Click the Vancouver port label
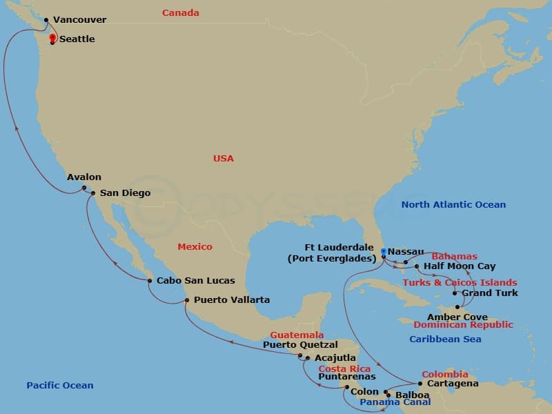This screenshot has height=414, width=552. (79, 21)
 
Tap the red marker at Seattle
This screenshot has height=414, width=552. (52, 37)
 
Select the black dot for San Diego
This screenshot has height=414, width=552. (93, 193)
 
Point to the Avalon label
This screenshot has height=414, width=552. (84, 177)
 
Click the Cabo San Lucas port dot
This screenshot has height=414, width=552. (150, 280)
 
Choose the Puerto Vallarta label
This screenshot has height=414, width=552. (232, 300)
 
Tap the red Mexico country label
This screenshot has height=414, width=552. (195, 247)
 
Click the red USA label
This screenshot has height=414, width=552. (224, 159)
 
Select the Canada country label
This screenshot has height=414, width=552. (181, 13)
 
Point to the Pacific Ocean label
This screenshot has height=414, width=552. (60, 386)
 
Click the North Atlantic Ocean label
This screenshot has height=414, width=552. (453, 205)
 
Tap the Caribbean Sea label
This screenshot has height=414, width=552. (445, 339)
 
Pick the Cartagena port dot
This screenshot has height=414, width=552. (420, 384)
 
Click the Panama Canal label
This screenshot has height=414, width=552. (395, 402)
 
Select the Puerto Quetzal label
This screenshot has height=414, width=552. (300, 345)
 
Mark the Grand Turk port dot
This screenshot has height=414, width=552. (454, 293)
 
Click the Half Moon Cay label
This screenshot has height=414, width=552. (460, 266)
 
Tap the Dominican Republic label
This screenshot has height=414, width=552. (464, 325)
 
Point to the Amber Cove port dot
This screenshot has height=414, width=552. (457, 307)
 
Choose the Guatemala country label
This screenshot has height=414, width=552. (297, 335)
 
